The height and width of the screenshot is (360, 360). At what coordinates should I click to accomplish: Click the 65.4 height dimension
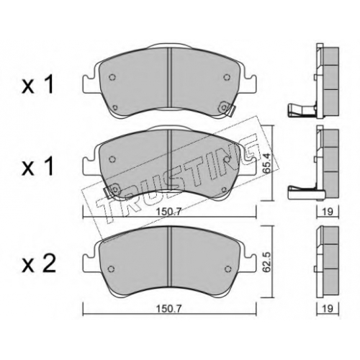point(266,164)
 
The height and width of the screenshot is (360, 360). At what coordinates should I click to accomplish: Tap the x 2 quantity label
point(38,264)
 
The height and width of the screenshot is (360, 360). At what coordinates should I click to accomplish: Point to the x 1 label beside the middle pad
point(37,167)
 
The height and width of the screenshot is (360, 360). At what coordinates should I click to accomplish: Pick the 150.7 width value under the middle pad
point(168,212)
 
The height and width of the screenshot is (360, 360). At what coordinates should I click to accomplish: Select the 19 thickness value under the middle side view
point(328,212)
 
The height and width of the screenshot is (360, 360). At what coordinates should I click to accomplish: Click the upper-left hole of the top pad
point(112,77)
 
